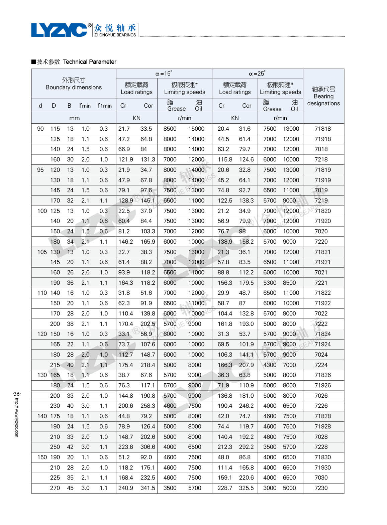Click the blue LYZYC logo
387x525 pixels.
(x=59, y=30)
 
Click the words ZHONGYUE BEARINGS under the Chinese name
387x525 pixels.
(x=115, y=35)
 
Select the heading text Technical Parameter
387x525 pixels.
(x=90, y=62)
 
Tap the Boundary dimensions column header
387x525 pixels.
(x=74, y=87)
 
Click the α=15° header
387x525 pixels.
(x=164, y=74)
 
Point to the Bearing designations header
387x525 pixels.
(x=323, y=96)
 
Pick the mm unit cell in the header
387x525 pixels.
(x=74, y=118)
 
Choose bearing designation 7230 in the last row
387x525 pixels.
(x=321, y=488)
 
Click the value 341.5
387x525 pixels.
(x=148, y=488)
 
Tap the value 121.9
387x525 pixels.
(x=125, y=159)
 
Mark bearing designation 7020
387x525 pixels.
(x=321, y=231)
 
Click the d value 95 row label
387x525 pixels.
(x=40, y=170)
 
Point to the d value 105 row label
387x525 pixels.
(x=42, y=252)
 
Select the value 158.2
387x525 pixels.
(x=246, y=242)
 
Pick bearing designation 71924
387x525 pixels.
(x=322, y=344)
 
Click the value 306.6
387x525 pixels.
(x=148, y=447)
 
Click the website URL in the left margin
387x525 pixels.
(x=17, y=418)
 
